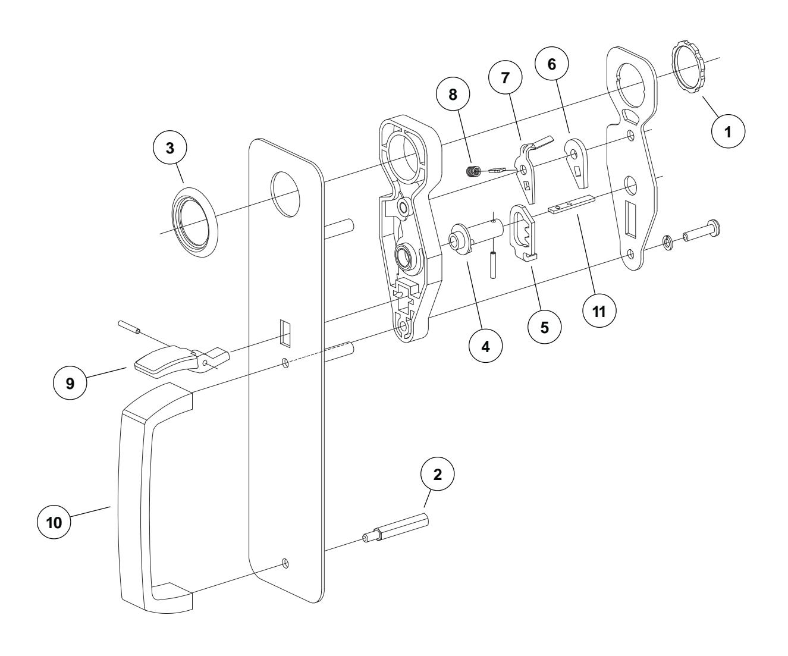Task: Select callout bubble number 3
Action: point(171,149)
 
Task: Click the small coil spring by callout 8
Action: point(472,172)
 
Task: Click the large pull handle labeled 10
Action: point(143,500)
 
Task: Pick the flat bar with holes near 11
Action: point(571,206)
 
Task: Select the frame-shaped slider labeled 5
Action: point(523,232)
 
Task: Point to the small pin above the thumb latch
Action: point(128,327)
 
